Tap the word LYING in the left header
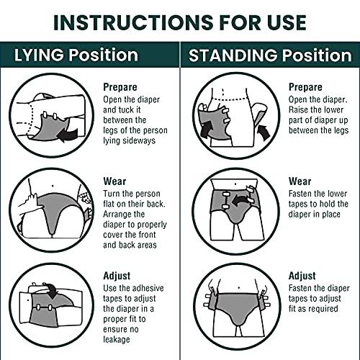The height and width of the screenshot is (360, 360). [x=39, y=55]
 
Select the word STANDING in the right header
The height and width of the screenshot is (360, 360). [x=233, y=55]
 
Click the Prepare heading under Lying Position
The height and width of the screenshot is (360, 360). [x=120, y=87]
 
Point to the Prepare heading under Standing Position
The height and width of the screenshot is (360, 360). [x=305, y=87]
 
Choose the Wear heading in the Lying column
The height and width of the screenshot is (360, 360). [x=114, y=181]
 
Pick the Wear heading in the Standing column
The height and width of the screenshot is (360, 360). [x=300, y=181]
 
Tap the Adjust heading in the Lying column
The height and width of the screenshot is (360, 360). [x=117, y=276]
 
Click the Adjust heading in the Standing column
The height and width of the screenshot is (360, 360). [x=302, y=276]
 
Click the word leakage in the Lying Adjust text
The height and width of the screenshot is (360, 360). [x=117, y=339]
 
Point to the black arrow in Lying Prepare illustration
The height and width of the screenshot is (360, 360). [x=68, y=135]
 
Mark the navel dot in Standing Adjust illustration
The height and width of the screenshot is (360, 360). [x=239, y=287]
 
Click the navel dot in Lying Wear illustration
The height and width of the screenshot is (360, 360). [x=53, y=186]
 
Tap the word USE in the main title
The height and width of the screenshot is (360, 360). [x=287, y=22]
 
